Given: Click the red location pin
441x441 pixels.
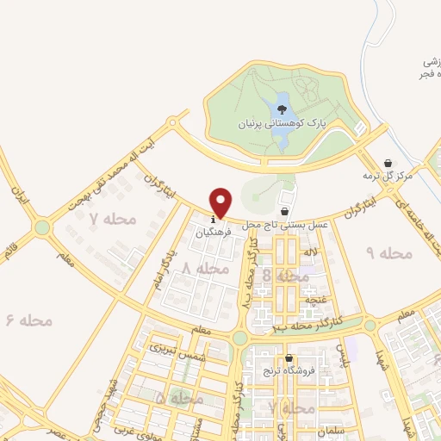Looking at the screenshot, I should (221, 202).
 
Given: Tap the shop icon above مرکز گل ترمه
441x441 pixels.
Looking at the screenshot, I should (388, 163).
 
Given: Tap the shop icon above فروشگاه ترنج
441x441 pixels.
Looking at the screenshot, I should (289, 358).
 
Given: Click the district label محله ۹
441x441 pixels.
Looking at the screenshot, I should (389, 252).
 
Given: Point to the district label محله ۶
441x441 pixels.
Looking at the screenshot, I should (29, 320).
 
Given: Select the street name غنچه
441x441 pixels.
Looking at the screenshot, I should (314, 300).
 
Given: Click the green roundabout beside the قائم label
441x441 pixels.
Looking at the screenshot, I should (41, 227).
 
